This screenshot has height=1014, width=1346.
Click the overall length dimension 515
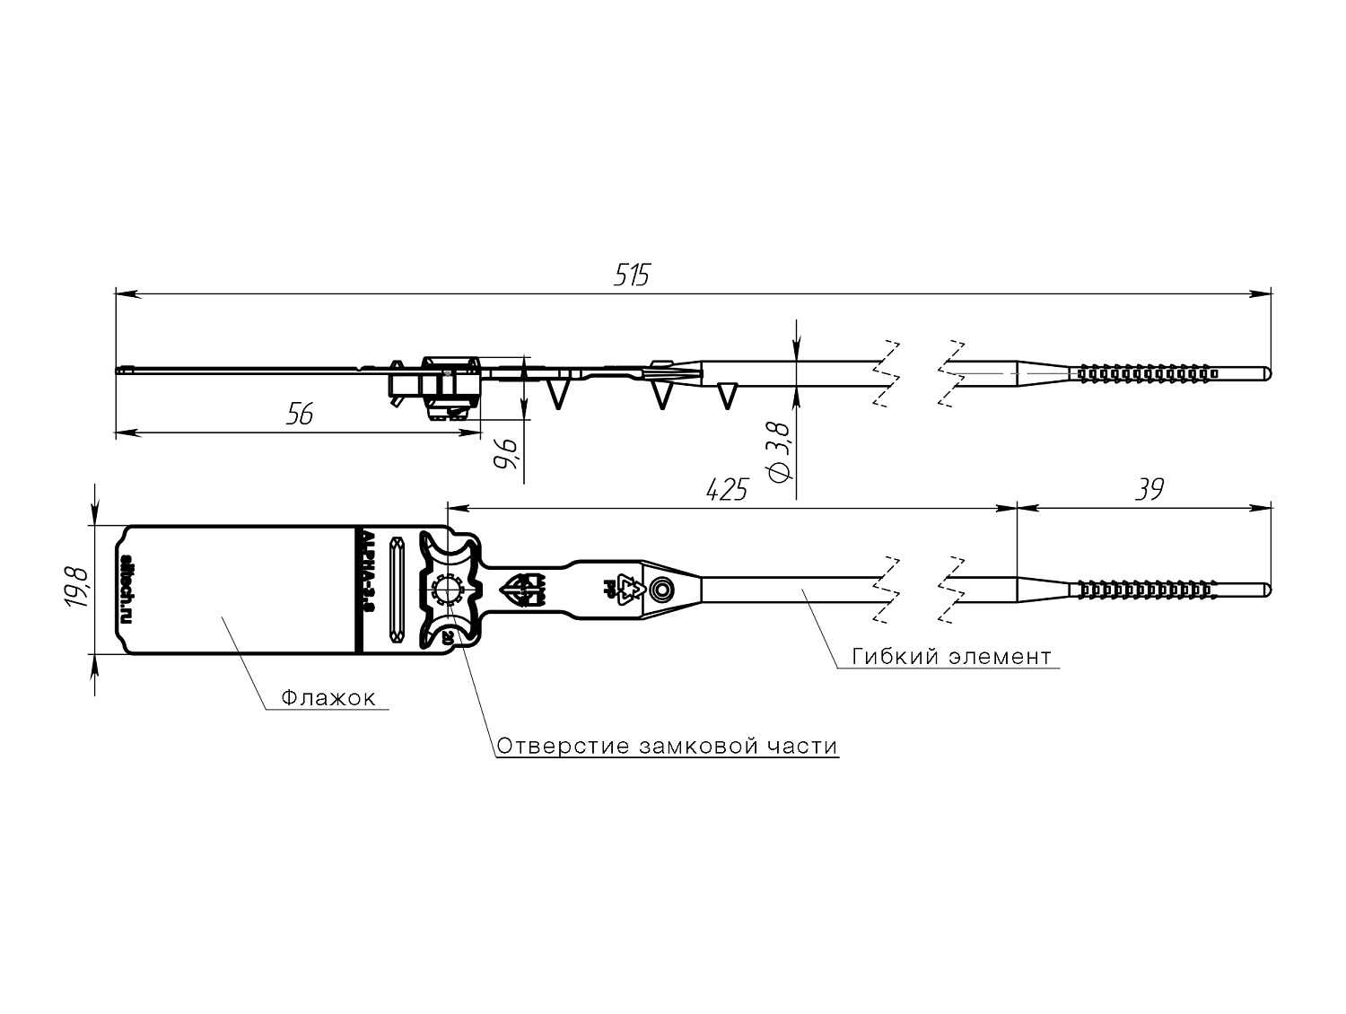click(631, 275)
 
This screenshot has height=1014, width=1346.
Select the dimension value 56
click(300, 415)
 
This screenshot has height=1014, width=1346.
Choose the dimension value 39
click(1149, 490)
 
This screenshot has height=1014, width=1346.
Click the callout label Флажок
click(328, 698)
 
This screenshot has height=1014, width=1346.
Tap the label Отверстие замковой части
click(667, 747)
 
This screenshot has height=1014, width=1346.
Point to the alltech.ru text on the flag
click(127, 589)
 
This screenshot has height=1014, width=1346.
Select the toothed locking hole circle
click(446, 590)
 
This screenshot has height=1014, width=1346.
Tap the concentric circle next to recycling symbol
click(662, 590)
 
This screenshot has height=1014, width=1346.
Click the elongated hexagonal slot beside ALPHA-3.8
click(397, 590)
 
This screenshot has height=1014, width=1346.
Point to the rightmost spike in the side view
click(728, 395)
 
